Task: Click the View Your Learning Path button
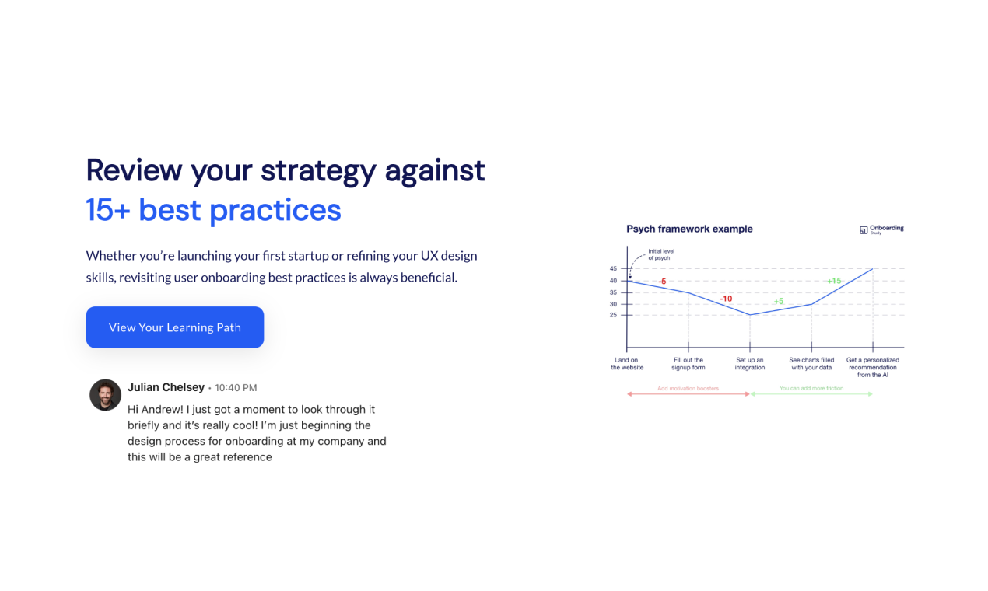tap(174, 327)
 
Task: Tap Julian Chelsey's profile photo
tap(105, 395)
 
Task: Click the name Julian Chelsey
tap(166, 387)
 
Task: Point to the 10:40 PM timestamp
tap(236, 388)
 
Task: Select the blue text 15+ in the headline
tap(108, 210)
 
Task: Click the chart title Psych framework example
tap(689, 229)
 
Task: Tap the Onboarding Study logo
tap(881, 229)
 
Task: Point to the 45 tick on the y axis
tap(613, 269)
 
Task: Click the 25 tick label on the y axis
tap(613, 315)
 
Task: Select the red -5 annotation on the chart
tap(662, 282)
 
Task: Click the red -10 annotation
tap(725, 299)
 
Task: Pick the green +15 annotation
tap(833, 281)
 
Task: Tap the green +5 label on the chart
tap(778, 301)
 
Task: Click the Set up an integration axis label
tap(749, 364)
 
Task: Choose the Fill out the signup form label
tap(688, 364)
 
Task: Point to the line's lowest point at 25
tap(750, 315)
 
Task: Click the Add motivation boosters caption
tap(688, 388)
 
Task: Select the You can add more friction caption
tap(811, 388)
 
